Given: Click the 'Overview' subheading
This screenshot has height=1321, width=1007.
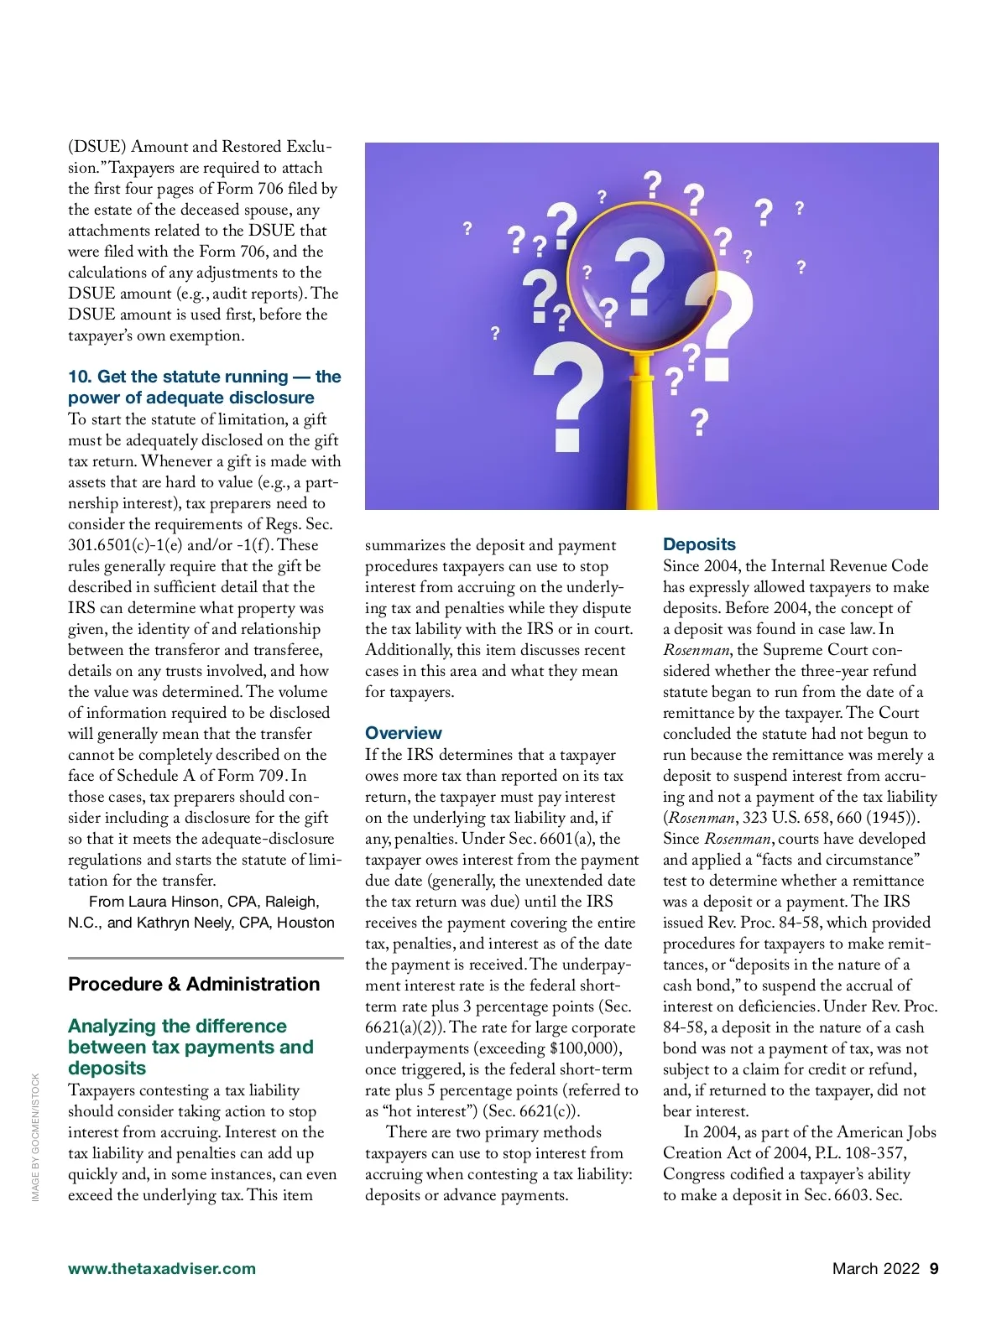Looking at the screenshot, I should [x=403, y=733].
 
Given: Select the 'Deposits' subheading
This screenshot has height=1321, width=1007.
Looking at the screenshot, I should [x=699, y=544].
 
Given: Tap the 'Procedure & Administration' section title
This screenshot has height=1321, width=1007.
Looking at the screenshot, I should [x=194, y=984].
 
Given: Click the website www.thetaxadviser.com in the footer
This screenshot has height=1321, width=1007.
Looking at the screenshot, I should [x=162, y=1268].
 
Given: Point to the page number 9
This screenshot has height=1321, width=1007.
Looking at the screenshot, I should [x=934, y=1268].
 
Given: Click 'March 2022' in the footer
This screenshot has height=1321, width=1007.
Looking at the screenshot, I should [x=875, y=1268].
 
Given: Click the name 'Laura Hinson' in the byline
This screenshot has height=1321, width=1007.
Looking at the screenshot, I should [x=175, y=902].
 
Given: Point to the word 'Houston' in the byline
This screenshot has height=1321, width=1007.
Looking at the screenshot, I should [x=305, y=923].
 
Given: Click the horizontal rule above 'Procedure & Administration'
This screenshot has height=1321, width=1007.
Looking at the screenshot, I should [x=206, y=958].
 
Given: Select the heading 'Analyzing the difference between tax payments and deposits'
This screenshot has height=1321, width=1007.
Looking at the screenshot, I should [x=190, y=1047].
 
